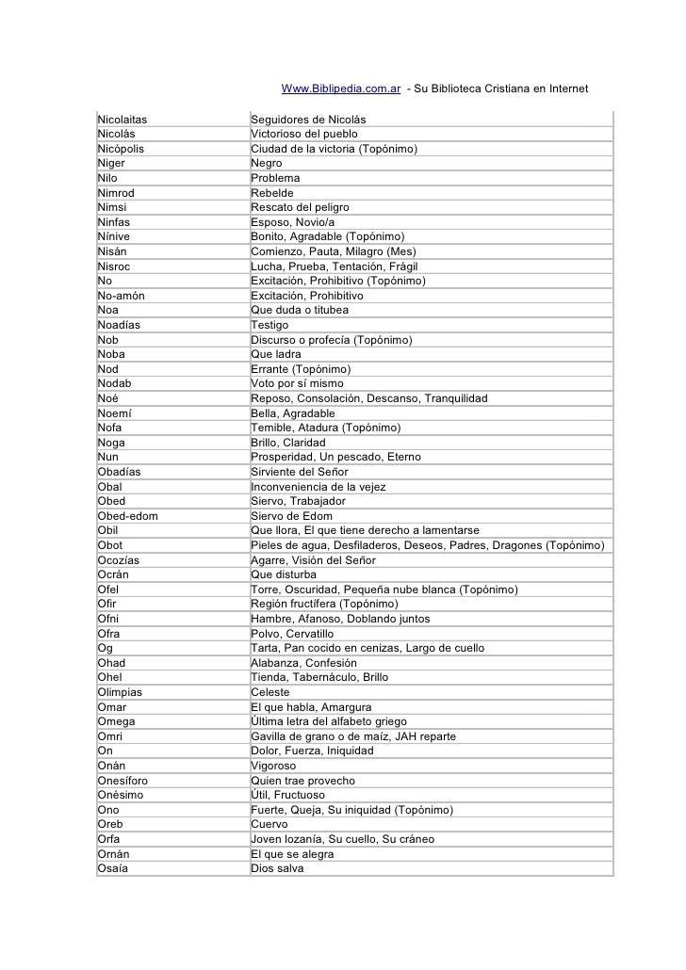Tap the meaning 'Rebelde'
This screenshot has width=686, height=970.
(273, 193)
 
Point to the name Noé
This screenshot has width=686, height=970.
(107, 398)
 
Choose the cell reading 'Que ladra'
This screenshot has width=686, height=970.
(282, 354)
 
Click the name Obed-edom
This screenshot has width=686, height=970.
(127, 516)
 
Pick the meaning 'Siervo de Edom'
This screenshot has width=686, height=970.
(292, 516)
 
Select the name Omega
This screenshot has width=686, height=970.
(116, 721)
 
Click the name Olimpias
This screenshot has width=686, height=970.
(122, 692)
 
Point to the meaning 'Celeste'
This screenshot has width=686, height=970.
(270, 692)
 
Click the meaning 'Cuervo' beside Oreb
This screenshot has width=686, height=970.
(269, 824)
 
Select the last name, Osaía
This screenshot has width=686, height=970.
(112, 868)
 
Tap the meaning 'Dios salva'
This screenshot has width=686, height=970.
(277, 868)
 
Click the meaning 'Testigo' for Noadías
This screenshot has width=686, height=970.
(270, 325)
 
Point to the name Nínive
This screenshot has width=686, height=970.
(114, 236)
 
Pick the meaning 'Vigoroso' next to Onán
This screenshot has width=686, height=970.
(273, 766)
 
